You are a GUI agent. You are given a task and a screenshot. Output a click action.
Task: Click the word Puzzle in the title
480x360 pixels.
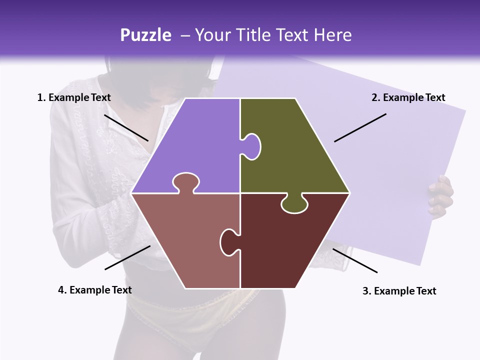[145, 35]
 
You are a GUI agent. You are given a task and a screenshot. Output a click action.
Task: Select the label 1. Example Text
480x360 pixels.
[74, 97]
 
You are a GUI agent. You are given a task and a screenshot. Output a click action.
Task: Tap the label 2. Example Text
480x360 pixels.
[408, 97]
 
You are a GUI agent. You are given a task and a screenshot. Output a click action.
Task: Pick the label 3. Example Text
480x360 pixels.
[399, 291]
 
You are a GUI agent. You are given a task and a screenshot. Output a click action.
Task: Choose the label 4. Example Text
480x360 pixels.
[95, 290]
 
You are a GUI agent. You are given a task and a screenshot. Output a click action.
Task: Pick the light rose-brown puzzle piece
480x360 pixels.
[190, 240]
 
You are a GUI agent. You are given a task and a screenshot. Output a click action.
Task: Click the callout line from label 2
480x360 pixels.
[360, 127]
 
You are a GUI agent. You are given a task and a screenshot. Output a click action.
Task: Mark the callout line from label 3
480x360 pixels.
[355, 260]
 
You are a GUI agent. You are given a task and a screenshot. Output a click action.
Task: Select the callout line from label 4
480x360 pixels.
[127, 257]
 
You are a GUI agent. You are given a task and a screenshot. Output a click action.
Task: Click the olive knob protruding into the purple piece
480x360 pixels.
[252, 145]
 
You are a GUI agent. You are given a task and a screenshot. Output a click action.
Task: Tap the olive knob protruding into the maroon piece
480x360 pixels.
[294, 204]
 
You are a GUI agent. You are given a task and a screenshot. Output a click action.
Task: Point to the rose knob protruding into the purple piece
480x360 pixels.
[185, 182]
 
